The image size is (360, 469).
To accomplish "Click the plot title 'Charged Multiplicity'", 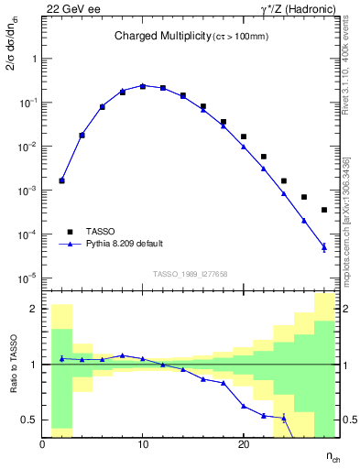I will [151, 36].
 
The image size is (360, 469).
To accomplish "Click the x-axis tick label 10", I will [143, 445].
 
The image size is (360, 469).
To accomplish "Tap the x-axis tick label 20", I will [244, 445].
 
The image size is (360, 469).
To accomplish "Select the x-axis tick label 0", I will [43, 445].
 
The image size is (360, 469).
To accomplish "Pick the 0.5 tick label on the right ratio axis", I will [349, 420].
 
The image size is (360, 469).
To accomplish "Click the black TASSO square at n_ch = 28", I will [324, 210].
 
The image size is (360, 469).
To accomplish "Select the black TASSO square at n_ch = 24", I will [284, 181].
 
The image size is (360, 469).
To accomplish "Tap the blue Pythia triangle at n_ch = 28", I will [324, 246].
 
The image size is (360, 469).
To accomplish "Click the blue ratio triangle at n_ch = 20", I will [244, 406].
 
